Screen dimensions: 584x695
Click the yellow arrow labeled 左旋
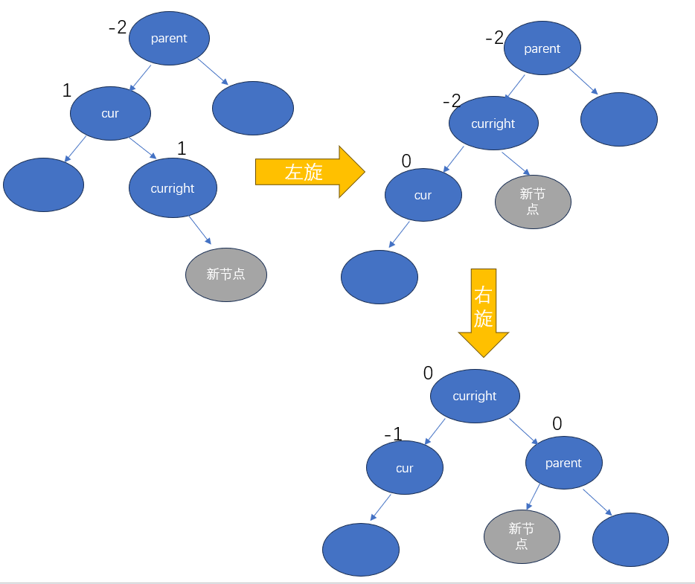[309, 172]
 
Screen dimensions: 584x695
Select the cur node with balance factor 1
[111, 113]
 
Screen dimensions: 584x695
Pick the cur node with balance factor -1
[405, 468]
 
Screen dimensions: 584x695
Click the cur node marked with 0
[423, 195]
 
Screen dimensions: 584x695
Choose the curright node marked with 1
[173, 188]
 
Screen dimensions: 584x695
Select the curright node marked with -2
[493, 123]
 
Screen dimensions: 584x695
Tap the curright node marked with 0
[475, 396]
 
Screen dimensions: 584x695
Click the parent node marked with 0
[563, 463]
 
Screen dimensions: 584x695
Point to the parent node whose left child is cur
[169, 39]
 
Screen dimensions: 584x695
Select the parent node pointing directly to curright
[542, 48]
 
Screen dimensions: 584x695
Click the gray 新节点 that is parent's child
[522, 536]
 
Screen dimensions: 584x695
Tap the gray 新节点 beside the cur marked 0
[533, 201]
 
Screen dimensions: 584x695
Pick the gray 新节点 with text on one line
[226, 274]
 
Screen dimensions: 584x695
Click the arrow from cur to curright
[142, 148]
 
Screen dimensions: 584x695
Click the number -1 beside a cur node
[393, 434]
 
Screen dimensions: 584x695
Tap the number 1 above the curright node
[181, 148]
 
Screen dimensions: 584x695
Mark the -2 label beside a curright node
[452, 100]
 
